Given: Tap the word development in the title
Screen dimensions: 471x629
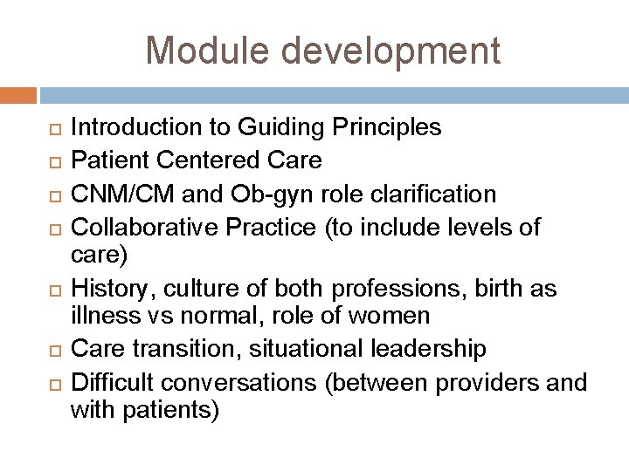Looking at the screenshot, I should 385,51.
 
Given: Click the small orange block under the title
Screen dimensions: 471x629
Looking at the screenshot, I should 18,94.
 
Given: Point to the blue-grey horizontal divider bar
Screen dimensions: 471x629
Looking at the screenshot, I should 333,94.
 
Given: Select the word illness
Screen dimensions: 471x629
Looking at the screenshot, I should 98,315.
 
